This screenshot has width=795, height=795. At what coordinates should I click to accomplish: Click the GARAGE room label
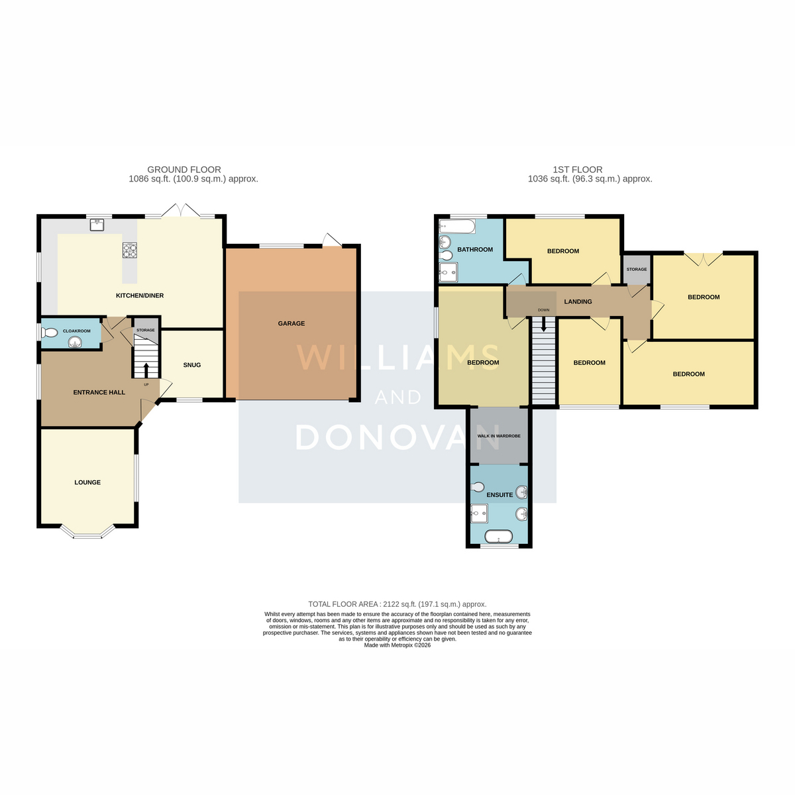[291, 323]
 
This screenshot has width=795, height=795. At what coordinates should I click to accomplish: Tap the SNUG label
[192, 364]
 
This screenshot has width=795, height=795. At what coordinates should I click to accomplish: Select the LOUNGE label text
[87, 482]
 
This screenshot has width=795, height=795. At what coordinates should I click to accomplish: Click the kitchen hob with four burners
[130, 250]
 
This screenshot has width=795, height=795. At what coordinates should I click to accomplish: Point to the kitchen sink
[97, 225]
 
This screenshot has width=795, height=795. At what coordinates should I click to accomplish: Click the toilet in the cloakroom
[50, 333]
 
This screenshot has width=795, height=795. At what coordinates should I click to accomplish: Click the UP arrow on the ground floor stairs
[146, 370]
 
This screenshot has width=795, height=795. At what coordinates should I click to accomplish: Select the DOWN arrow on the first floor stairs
[543, 324]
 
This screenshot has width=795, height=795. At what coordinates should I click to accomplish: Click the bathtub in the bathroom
[457, 227]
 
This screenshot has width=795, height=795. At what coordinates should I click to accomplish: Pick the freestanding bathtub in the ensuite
[498, 537]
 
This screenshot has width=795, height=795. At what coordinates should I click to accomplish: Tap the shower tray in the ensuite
[479, 513]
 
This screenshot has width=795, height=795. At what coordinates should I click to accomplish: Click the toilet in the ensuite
[477, 487]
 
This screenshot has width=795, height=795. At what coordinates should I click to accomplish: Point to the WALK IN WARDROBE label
[499, 436]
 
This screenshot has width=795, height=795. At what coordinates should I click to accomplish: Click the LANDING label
[578, 301]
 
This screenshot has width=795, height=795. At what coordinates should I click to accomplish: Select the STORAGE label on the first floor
[637, 270]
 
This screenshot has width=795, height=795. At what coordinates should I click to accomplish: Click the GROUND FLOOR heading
[184, 170]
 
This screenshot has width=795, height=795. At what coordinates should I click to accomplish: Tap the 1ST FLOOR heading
[578, 170]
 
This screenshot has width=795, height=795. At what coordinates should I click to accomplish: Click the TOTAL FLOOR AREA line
[397, 604]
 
